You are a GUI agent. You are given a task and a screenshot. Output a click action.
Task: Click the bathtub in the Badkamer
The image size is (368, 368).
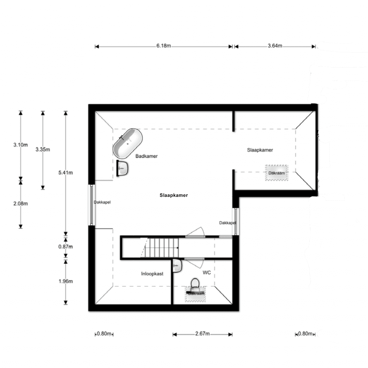pyautogui.click(x=128, y=143)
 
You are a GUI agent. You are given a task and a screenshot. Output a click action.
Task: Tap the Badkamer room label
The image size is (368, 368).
pyautogui.click(x=146, y=156)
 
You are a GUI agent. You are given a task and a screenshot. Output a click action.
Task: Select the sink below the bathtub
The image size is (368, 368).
pyautogui.click(x=122, y=168)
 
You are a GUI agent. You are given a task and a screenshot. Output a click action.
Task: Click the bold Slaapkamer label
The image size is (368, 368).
pyautogui.click(x=174, y=195)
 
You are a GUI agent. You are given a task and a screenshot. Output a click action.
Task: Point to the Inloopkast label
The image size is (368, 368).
pyautogui.click(x=152, y=273)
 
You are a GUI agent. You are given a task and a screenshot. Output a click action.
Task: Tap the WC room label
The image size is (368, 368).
pyautogui.click(x=207, y=272)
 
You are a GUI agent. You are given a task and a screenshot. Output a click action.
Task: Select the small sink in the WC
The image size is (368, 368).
pyautogui.click(x=177, y=266)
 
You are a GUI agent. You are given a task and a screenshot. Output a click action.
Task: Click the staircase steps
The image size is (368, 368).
pyautogui.click(x=162, y=248)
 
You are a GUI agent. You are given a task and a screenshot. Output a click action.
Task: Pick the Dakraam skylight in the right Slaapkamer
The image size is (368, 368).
pyautogui.click(x=277, y=173)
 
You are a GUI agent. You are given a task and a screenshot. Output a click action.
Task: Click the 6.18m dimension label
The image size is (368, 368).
pyautogui.click(x=163, y=46)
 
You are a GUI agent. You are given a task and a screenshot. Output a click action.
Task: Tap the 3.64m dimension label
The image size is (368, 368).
pyautogui.click(x=275, y=46)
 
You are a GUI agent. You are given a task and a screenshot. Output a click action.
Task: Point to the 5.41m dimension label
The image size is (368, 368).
pyautogui.click(x=66, y=173)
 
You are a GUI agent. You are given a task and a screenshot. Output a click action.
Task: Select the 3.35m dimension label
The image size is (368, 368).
pyautogui.click(x=43, y=150)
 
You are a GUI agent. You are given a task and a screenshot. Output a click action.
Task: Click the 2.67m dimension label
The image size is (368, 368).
pyautogui.click(x=202, y=334)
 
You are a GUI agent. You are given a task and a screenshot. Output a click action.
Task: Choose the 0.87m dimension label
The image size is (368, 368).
pyautogui.click(x=66, y=247)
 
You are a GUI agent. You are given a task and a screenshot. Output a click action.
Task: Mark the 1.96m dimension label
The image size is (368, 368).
pyautogui.click(x=66, y=281)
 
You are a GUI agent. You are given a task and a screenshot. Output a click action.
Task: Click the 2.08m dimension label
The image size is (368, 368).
pyautogui.click(x=21, y=204)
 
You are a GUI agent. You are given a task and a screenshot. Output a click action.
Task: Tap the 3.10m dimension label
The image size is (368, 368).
pyautogui.click(x=21, y=145)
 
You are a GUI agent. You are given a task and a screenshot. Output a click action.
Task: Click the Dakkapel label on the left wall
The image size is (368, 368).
pyautogui.click(x=102, y=202)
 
